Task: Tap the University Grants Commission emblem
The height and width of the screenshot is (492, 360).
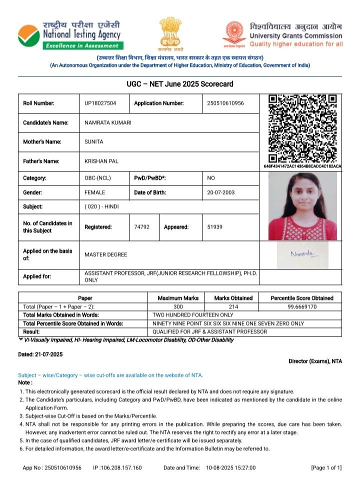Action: tap(234, 34)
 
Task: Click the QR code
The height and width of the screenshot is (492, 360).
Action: tap(302, 127)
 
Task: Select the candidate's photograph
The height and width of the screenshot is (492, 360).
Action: tap(302, 206)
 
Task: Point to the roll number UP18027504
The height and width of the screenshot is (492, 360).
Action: tap(100, 103)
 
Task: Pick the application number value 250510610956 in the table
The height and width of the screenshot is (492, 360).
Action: tap(225, 103)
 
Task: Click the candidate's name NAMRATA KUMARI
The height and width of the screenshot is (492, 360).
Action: tap(108, 122)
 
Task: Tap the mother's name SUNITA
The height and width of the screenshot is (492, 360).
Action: tap(94, 142)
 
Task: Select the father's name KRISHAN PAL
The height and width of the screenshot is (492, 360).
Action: tap(101, 161)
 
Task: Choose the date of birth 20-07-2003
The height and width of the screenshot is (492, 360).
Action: tap(221, 192)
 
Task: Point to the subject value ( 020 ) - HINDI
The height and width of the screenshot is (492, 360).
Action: tap(102, 206)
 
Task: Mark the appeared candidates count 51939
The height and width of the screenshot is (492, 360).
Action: tap(215, 227)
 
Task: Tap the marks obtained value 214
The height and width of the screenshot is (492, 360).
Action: tap(233, 306)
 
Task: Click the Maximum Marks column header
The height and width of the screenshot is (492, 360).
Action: tap(178, 298)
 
